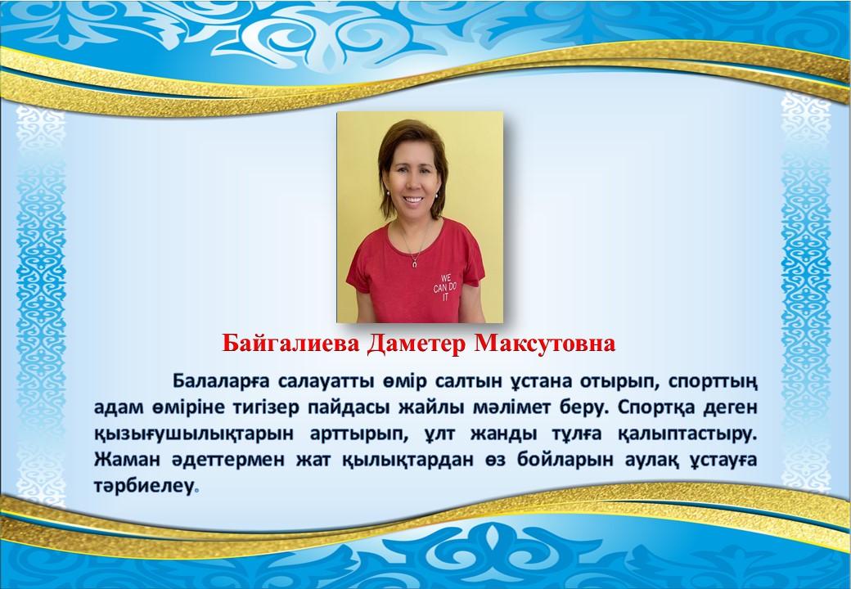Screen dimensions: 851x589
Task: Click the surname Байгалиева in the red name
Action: [x=290, y=344]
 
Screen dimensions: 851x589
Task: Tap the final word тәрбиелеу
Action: [x=144, y=486]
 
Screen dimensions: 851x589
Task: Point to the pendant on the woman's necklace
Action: [x=415, y=263]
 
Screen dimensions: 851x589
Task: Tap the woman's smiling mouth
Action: [x=413, y=200]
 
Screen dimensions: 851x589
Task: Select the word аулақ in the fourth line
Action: [x=651, y=461]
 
